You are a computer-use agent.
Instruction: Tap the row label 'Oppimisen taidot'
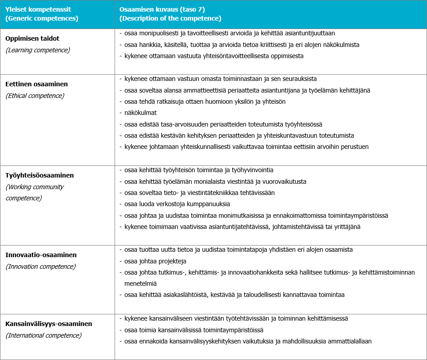point(32,38)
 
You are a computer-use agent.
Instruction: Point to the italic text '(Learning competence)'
point(38,50)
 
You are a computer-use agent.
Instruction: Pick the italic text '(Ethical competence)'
point(35,96)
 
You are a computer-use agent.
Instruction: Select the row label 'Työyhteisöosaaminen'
point(40,175)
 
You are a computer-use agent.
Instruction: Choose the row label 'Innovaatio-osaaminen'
point(41,255)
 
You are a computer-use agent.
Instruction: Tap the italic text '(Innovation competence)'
point(40,267)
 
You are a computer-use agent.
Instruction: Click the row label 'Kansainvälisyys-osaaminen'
point(49,324)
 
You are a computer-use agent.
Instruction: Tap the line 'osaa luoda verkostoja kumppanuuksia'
point(177,204)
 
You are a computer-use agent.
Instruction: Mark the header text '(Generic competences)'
point(42,19)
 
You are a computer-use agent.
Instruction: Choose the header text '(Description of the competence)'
point(171,19)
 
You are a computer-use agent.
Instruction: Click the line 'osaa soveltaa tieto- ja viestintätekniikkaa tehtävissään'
point(199,193)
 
